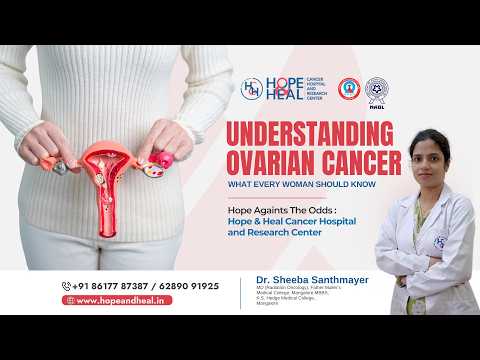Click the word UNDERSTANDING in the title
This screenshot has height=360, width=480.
coord(313,134)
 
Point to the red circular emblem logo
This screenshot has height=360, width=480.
coord(349,89)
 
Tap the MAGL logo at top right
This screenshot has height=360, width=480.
coord(376,91)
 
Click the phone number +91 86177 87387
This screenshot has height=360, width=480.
coord(110,285)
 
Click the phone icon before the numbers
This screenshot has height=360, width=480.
coord(67,285)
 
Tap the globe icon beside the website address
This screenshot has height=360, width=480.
coord(68,299)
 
